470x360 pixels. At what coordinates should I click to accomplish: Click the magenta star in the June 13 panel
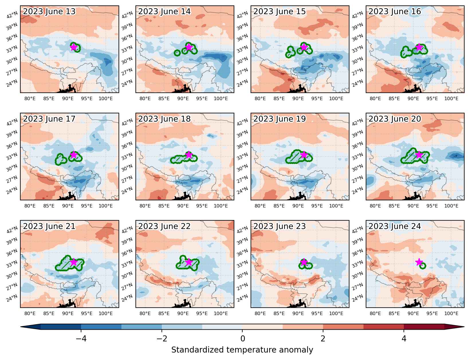point(74,47)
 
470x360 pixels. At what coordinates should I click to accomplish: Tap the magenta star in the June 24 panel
point(419,262)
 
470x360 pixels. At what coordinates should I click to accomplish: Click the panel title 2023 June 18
point(164,119)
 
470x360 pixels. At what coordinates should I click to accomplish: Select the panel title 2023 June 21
point(49,226)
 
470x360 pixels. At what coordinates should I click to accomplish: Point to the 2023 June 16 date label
point(394,11)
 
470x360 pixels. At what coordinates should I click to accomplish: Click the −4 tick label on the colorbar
point(81,338)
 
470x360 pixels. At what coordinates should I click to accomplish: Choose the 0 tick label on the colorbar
point(243,338)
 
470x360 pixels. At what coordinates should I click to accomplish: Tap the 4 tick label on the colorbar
point(404,338)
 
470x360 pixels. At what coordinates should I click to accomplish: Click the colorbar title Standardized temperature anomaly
point(242,350)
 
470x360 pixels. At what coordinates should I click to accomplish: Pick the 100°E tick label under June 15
point(336,98)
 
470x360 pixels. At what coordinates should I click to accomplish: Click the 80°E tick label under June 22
point(145,313)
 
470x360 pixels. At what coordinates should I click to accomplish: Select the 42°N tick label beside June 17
point(12,122)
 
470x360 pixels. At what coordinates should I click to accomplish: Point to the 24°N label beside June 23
point(242,298)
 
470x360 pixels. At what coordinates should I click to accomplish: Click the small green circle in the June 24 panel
point(422,266)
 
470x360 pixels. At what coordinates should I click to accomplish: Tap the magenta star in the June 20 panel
point(419,155)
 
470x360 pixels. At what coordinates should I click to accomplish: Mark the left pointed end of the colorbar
point(21,327)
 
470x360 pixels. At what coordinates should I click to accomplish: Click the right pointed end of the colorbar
point(464,327)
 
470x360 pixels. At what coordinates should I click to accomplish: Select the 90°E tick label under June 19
point(298,206)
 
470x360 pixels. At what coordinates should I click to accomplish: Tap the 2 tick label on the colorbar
point(323,338)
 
